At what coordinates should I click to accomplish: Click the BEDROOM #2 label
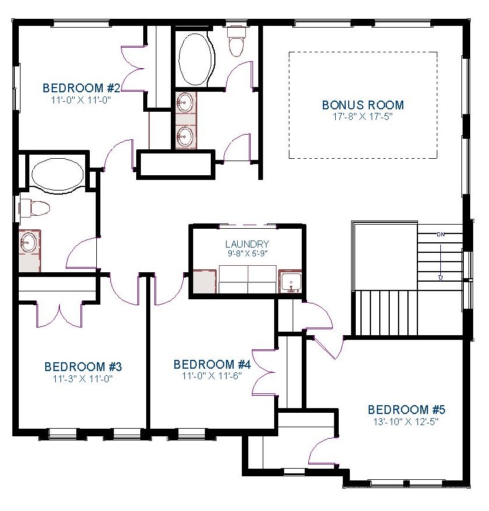[x=82, y=88]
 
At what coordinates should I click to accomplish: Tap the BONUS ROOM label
[x=363, y=105]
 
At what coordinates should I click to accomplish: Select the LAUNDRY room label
[x=247, y=244]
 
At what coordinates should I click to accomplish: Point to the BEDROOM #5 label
[x=406, y=409]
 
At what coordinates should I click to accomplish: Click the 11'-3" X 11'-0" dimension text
[x=83, y=379]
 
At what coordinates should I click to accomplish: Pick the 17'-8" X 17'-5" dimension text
[x=363, y=116]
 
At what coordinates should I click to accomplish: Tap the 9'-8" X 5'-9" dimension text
[x=247, y=253]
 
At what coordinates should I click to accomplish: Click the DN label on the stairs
[x=441, y=234]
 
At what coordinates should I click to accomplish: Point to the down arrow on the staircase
[x=441, y=262]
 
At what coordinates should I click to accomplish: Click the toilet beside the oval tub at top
[x=237, y=41]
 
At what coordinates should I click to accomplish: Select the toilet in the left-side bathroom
[x=35, y=208]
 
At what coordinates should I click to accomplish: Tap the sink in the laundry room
[x=291, y=282]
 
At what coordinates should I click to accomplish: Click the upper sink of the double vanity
[x=185, y=102]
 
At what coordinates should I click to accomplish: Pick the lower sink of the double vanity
[x=185, y=136]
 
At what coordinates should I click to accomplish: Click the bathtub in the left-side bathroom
[x=58, y=175]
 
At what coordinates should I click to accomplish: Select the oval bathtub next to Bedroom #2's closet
[x=196, y=59]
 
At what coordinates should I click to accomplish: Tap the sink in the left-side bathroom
[x=29, y=242]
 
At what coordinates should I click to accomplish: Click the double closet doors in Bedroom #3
[x=59, y=315]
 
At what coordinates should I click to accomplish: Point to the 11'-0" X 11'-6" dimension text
[x=212, y=376]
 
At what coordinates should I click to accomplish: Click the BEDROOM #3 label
[x=83, y=367]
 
